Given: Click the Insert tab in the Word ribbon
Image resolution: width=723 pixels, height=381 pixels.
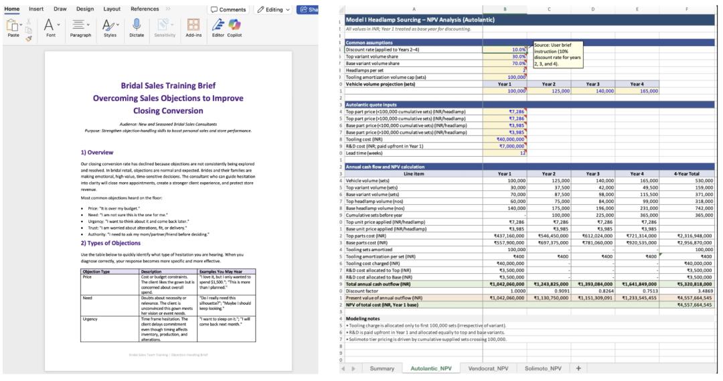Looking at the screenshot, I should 36,9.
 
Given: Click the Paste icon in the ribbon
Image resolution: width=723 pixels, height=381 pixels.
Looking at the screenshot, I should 13,27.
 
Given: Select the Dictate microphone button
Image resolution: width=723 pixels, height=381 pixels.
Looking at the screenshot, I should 136,27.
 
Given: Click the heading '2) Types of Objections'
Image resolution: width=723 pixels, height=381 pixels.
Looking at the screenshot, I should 111,243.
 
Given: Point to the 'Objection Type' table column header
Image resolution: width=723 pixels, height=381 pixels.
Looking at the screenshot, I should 96,271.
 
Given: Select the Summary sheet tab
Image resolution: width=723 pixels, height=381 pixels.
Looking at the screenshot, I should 382,368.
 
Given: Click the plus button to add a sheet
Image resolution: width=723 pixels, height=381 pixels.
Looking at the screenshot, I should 578,368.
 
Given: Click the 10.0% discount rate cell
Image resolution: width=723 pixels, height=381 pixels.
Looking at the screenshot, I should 505,50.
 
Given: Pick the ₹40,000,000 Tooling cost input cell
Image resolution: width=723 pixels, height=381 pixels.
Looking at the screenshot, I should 505,139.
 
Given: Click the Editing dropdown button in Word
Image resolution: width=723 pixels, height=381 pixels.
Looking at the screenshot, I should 273,9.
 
